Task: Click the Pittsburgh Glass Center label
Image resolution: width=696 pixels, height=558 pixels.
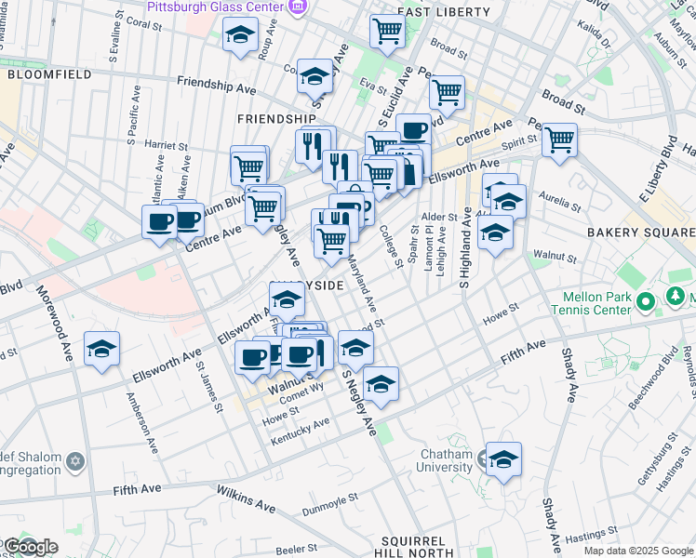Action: [215, 7]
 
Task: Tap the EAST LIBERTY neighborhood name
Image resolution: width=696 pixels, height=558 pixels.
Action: [443, 12]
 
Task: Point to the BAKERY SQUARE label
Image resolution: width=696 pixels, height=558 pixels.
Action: [641, 232]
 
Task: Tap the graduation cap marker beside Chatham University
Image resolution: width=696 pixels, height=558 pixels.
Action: [503, 459]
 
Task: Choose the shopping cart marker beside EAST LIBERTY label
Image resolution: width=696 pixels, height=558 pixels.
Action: [386, 30]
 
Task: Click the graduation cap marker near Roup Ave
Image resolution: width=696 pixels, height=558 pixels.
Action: [240, 35]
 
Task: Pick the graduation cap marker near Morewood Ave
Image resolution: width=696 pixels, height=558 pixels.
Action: [101, 349]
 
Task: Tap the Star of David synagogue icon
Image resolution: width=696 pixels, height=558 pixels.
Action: [75, 460]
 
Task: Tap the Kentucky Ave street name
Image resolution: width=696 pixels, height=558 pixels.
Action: [300, 430]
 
